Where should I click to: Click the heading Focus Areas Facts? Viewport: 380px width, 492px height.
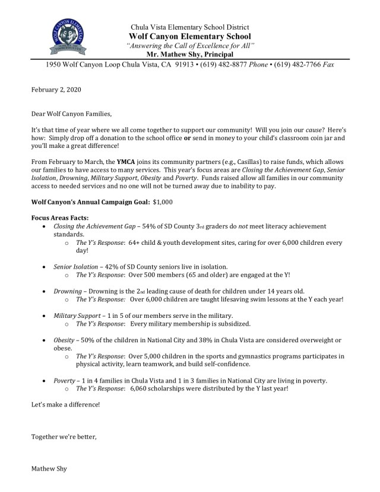[x=58, y=218]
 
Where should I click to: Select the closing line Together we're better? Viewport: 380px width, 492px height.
[x=63, y=437]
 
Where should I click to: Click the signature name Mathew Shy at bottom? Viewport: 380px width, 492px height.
[x=49, y=469]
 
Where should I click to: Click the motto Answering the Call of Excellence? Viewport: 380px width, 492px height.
[x=191, y=46]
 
